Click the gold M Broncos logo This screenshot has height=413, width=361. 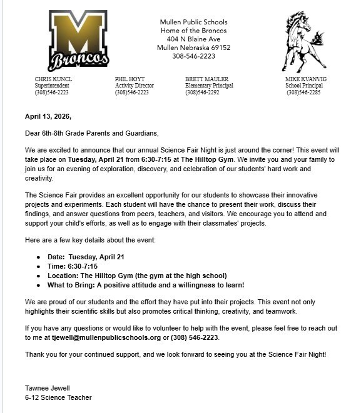point(78,41)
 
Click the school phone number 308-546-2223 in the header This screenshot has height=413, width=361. point(193,56)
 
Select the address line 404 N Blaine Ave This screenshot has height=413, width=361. point(193,39)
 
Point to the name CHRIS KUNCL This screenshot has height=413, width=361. point(53,79)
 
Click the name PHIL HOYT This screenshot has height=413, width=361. point(130,79)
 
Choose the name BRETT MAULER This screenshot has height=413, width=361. point(206,79)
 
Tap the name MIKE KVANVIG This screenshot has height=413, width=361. point(306,79)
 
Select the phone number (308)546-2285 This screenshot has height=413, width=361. point(303,92)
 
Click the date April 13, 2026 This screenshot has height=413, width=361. point(48,116)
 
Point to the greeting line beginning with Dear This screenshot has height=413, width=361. point(92,133)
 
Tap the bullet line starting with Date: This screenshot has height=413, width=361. point(86,257)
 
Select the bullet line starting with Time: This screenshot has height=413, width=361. point(73,266)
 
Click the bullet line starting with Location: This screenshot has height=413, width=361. point(137,276)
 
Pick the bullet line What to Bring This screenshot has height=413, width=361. point(146,285)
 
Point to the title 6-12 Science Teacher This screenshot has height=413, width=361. point(58,397)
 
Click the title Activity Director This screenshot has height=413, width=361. point(134,86)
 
